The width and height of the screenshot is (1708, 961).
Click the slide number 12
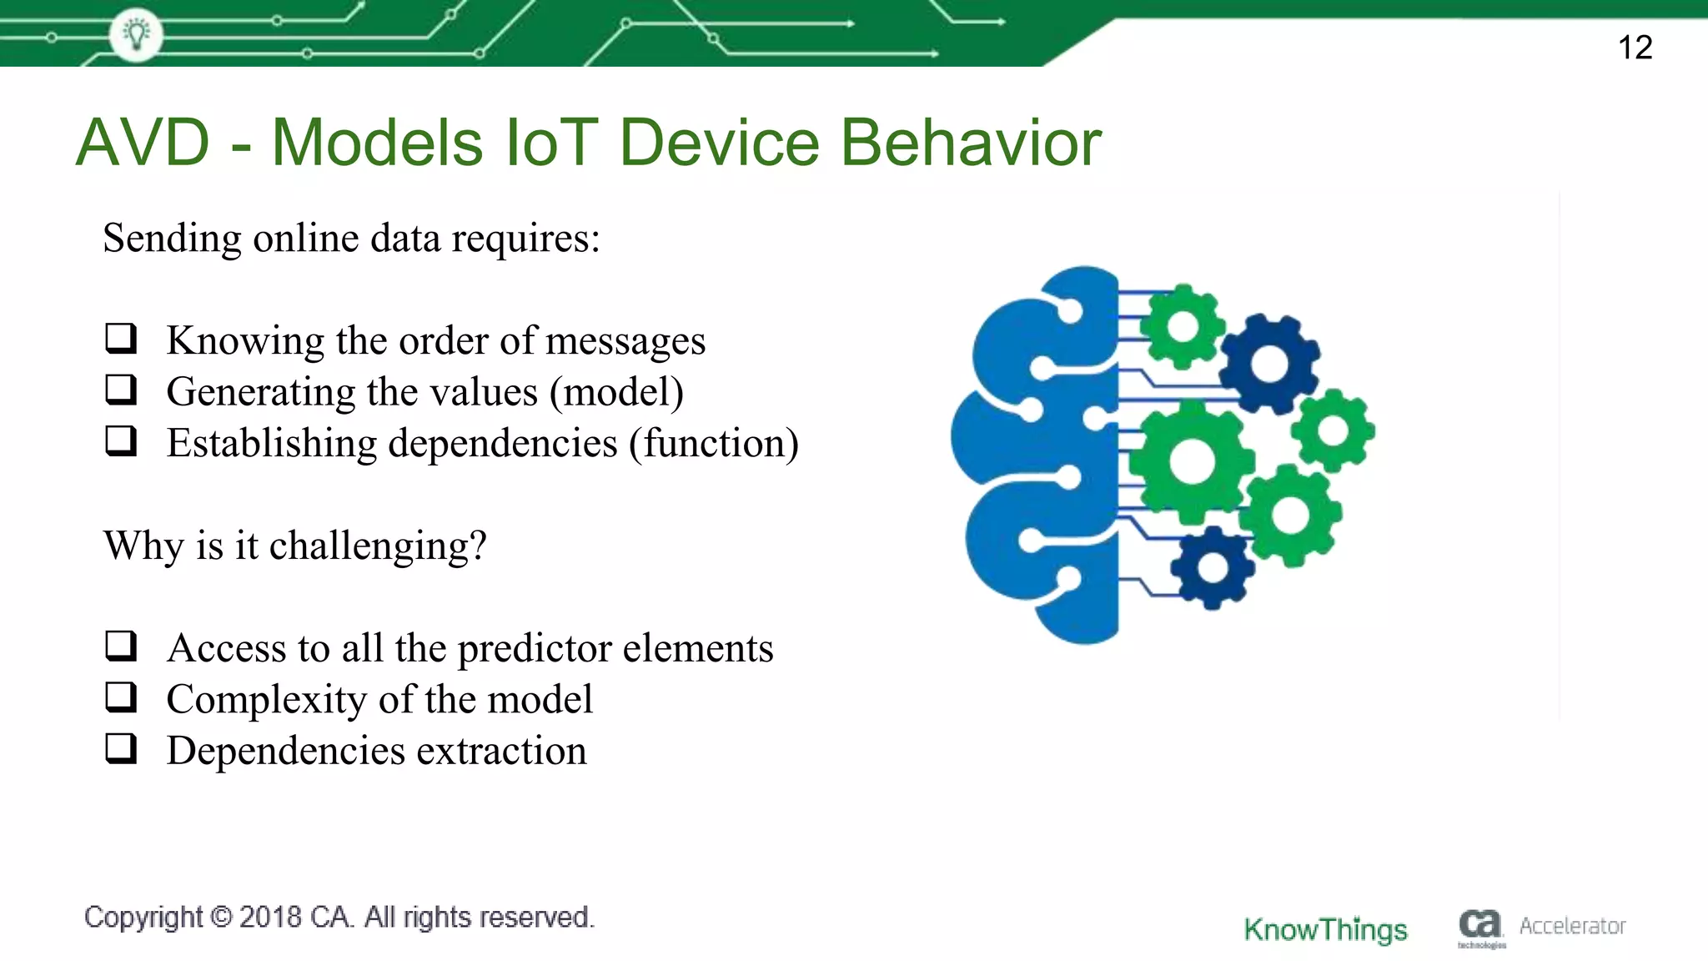tap(1635, 48)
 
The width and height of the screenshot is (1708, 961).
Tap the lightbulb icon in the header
tap(136, 34)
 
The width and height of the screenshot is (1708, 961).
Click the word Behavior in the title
tap(971, 143)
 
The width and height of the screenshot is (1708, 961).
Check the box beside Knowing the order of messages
tap(121, 338)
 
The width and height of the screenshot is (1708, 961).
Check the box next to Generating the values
tap(121, 390)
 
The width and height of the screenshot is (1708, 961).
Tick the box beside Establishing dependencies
tap(121, 440)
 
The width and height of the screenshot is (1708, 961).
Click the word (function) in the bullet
tap(714, 443)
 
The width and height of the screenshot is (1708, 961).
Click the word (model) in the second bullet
tap(616, 392)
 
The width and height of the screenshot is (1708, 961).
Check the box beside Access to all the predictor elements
tap(121, 646)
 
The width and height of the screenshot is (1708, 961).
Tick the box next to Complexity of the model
tap(121, 697)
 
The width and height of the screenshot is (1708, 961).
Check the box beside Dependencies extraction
tap(121, 748)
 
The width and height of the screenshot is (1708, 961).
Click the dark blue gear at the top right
tap(1269, 364)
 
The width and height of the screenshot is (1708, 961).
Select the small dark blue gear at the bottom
tap(1212, 568)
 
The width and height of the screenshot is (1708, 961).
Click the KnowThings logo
tap(1325, 928)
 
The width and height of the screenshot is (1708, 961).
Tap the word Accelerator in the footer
tap(1572, 926)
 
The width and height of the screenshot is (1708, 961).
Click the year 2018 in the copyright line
tap(270, 917)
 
